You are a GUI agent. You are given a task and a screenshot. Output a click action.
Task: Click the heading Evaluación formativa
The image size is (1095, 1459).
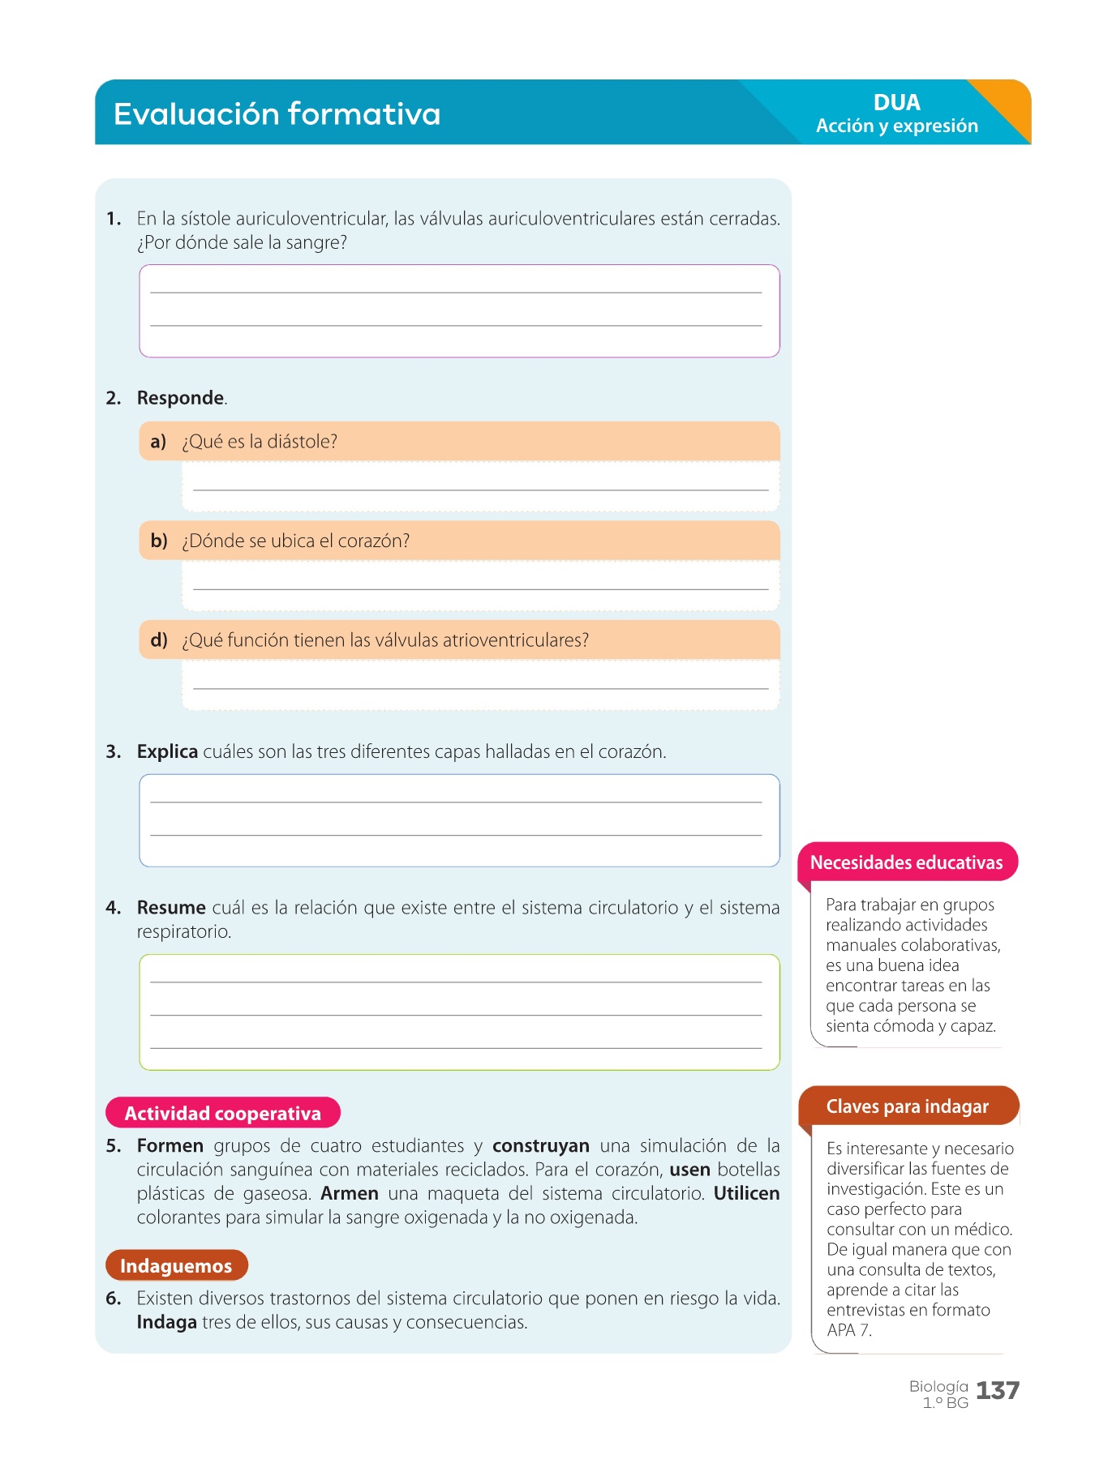pos(277,114)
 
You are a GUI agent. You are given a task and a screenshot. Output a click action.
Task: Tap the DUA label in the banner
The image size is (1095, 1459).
pos(896,103)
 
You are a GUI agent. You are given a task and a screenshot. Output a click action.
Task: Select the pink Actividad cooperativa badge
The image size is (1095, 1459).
pos(223,1113)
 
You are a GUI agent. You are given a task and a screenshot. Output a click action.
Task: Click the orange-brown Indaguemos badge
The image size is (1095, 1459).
pos(176,1265)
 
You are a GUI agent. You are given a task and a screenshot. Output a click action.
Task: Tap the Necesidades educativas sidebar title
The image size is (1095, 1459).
pos(906,862)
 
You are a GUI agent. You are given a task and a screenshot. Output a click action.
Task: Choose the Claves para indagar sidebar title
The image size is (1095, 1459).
pos(907,1106)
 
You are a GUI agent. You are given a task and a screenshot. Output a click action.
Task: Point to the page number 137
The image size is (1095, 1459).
pos(997,1391)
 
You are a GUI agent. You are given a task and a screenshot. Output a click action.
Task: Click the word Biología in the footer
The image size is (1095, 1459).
pos(938,1386)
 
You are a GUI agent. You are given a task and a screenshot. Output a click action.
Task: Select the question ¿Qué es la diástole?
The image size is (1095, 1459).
pos(260,442)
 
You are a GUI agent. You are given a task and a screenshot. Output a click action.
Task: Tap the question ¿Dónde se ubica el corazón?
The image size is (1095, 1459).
pos(296,541)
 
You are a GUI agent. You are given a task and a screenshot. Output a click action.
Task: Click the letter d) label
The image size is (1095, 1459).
pos(159,640)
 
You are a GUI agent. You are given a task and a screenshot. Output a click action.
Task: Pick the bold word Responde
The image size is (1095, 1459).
pos(180,398)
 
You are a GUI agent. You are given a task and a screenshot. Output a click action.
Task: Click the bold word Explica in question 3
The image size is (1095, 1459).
pos(167,751)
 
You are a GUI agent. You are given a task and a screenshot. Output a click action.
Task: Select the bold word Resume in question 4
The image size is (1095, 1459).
pos(171,907)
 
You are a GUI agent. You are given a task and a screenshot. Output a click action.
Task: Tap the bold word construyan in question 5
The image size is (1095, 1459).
pos(540,1145)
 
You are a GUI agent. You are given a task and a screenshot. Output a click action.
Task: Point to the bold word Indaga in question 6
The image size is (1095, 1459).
pos(166,1322)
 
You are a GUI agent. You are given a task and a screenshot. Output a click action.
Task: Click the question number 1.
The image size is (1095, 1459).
pos(114,219)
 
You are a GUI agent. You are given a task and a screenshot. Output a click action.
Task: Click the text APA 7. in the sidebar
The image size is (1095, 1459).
pos(848,1330)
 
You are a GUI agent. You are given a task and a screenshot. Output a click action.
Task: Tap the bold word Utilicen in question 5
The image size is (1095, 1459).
pos(746,1193)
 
